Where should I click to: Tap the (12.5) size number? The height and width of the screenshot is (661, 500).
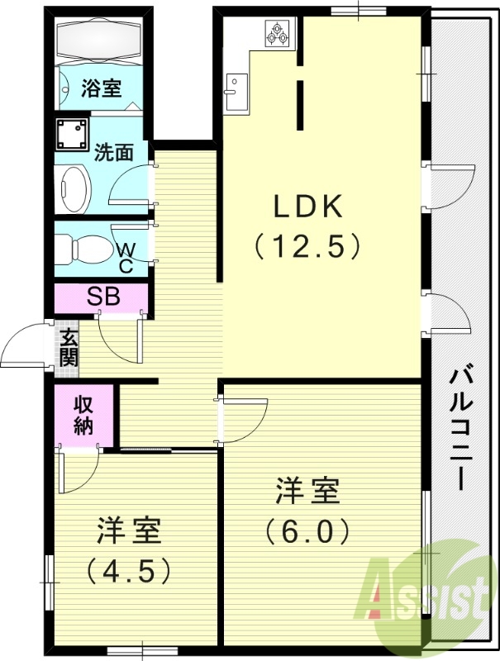[x=307, y=245]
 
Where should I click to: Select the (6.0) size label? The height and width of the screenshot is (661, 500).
[x=307, y=530]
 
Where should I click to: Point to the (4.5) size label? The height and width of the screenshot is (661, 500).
[x=128, y=569]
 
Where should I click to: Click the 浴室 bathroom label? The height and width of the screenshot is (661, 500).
[x=102, y=88]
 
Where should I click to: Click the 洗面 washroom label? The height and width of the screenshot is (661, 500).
[x=114, y=151]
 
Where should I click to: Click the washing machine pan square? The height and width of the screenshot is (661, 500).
[x=73, y=133]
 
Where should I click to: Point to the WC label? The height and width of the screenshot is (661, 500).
[x=126, y=257]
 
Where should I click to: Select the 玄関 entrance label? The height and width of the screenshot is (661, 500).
[x=68, y=348]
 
